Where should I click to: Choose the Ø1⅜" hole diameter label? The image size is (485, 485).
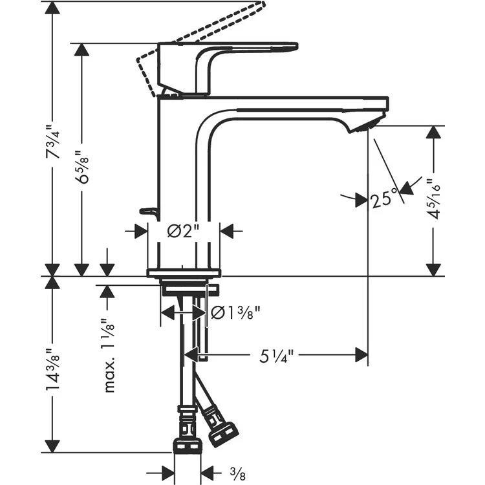[236, 314]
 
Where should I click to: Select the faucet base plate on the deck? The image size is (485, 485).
[184, 272]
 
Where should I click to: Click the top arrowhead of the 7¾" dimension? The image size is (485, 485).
[52, 8]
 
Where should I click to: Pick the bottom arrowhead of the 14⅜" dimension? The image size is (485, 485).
[52, 446]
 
